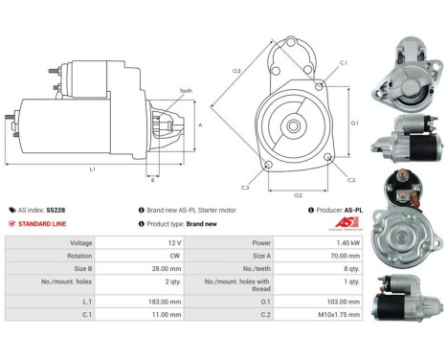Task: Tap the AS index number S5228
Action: point(56,209)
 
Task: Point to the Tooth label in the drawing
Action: point(185,92)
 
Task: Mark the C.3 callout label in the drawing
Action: point(246,188)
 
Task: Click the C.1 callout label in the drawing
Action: point(343,63)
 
